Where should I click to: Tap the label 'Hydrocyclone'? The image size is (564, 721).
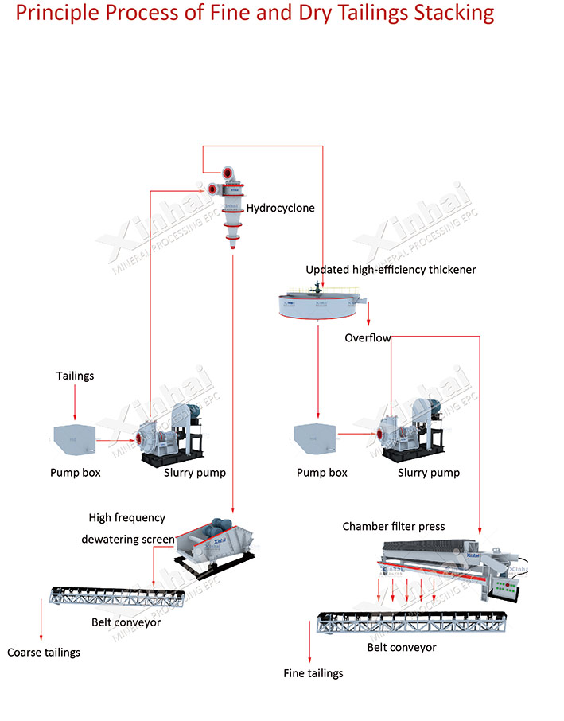coord(280,208)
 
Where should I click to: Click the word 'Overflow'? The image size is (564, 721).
coord(368,338)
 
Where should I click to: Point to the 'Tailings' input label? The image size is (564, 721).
coord(75,376)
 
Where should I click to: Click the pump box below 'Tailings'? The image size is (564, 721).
coord(75,439)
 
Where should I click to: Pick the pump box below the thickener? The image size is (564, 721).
coord(315,438)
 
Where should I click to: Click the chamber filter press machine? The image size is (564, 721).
coord(453,569)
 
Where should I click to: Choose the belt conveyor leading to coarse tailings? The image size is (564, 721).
coord(117,597)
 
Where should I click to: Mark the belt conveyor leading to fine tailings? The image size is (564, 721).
coord(412,622)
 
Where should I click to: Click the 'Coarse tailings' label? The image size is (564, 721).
coord(44,653)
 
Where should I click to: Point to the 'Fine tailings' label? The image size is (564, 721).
coord(313,673)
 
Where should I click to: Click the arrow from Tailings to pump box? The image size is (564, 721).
coord(75,403)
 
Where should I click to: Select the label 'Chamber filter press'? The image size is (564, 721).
coord(394,527)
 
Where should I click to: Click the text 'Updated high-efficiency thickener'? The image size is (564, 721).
coord(391,270)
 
